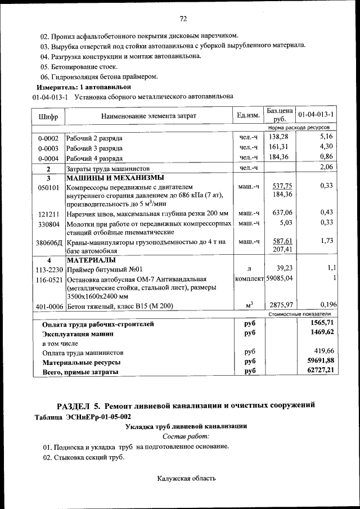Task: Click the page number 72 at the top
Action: coord(183,19)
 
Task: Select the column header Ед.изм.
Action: coord(248,115)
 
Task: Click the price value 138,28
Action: coord(279,137)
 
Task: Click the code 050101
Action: coord(48,188)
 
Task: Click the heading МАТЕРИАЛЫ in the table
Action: coord(91,260)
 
